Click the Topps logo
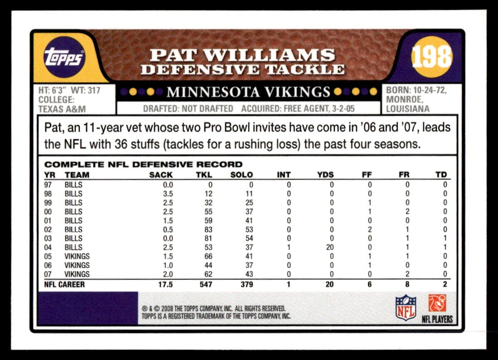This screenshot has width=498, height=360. pos(64,58)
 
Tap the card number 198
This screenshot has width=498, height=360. pos(431,57)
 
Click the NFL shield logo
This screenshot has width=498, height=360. pos(406,307)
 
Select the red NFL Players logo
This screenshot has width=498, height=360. pos(437,303)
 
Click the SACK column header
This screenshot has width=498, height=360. pos(161,175)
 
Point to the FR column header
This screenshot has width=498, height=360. pos(404,175)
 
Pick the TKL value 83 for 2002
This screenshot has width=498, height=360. pos(208,230)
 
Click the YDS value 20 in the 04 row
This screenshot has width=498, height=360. pos(329,247)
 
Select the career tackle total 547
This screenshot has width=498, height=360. pos(206,284)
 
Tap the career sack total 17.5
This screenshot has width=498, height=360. pos(165,284)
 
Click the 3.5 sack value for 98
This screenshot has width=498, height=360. pos(168,194)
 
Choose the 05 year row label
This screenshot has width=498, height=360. pos(48,256)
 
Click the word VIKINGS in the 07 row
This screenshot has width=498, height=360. pos(77,274)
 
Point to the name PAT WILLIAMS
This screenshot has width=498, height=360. pos(242,55)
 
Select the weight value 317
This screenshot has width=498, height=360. pos(94,91)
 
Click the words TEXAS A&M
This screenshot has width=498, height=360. pos(62,109)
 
